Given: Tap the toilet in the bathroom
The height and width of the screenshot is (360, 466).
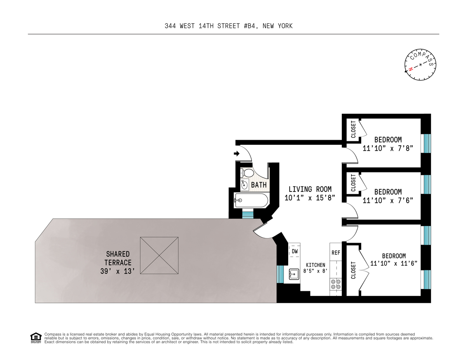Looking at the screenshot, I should pos(247,172).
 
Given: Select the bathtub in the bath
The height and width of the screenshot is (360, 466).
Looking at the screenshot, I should pos(251,200).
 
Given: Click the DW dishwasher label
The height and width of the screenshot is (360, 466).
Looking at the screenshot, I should pos(295,251).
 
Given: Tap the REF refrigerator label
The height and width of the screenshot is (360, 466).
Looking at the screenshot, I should pos(336,253).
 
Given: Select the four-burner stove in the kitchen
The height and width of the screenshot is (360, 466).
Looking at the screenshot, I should pos(335,284).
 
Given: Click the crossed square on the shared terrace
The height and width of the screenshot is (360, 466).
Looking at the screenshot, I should pos(159,256).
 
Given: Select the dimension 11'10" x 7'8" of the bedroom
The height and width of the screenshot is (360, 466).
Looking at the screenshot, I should pos(388,148).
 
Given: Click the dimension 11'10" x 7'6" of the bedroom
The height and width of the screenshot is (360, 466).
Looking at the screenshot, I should pos(388,200).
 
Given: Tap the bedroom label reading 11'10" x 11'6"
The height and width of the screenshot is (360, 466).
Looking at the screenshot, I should pos(393,263).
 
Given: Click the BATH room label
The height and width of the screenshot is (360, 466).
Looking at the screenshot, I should pos(259,185).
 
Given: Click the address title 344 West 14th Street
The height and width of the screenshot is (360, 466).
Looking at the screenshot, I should pos(228,26).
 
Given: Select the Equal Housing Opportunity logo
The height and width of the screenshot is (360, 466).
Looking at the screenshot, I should pos(36,338).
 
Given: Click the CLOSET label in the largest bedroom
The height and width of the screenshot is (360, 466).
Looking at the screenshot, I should pos(353,270).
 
